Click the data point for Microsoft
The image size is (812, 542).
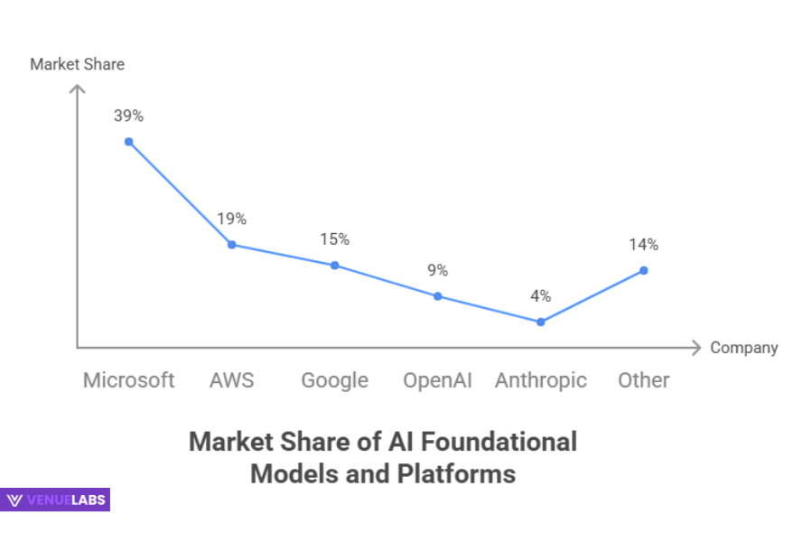point(129,142)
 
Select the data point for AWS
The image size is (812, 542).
point(232,245)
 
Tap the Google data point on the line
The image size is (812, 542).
point(334,266)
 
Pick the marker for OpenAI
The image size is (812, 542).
point(437,296)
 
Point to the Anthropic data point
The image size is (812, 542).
point(540,322)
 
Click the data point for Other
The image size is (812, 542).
point(643,270)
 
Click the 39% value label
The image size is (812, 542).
point(128,116)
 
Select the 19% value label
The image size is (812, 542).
point(231,219)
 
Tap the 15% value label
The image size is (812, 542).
point(334,239)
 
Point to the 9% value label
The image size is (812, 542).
point(437,270)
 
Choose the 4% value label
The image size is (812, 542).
point(540,295)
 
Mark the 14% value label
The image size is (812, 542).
point(643,244)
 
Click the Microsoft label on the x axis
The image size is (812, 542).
point(128,380)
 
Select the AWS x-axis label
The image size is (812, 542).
point(231,380)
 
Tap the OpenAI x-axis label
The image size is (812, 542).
point(437,380)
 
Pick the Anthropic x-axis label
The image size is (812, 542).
point(540,380)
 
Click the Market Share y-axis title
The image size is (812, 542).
point(77,64)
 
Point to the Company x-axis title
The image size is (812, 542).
point(743,348)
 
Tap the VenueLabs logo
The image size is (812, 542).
point(56,500)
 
